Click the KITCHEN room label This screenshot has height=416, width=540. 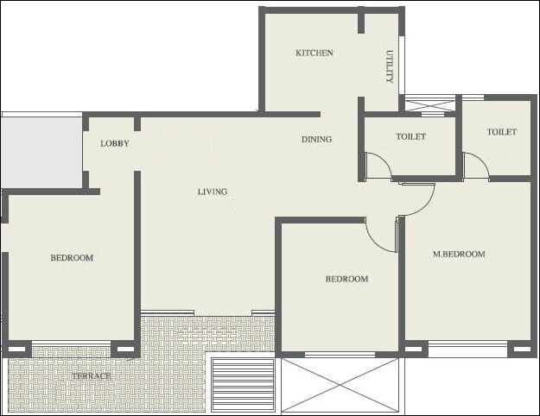(314, 54)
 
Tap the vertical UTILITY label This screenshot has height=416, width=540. (390, 66)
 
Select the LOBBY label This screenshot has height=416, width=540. (114, 144)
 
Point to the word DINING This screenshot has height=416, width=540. (316, 140)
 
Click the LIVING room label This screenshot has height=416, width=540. (212, 192)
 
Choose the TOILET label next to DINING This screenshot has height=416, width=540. (410, 137)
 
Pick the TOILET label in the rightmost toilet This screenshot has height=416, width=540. (501, 133)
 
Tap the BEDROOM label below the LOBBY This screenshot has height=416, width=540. (71, 258)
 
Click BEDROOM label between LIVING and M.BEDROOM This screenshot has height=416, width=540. (346, 279)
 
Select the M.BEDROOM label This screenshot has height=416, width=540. (459, 255)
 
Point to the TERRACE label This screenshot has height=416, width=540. (92, 376)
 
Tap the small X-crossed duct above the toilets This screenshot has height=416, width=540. (429, 106)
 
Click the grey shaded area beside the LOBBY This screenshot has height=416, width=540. (41, 152)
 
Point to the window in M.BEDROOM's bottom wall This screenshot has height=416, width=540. (468, 350)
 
